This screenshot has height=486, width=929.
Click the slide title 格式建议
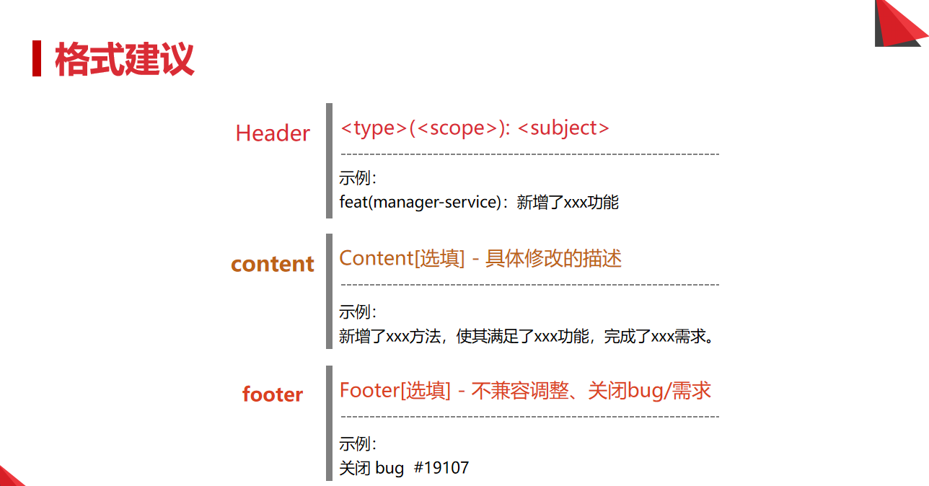coord(124,59)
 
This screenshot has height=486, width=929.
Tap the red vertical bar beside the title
coord(36,59)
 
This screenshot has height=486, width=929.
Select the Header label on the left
coord(273,133)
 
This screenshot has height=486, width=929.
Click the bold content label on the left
coord(273,264)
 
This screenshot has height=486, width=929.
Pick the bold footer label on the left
coord(273,394)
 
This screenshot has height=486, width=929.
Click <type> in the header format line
coord(374,128)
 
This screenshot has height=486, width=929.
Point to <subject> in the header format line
coord(563,128)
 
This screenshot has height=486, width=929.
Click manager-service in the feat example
coord(435,202)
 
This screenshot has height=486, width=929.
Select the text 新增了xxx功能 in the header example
coord(568,202)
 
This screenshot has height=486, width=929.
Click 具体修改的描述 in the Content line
coord(553,258)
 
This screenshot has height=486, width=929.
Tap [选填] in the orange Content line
coord(440,258)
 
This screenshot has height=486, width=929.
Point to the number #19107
coord(441,467)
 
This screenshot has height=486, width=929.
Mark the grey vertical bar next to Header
coord(329,160)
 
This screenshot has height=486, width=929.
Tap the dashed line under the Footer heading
coord(529,417)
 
